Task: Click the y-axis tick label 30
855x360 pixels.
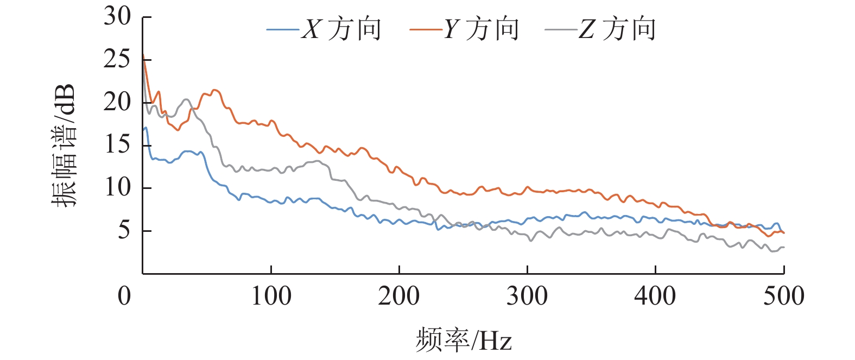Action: (117, 17)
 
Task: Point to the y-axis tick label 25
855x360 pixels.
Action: (117, 59)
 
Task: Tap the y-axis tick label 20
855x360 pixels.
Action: (117, 102)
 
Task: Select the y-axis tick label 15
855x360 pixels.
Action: (117, 145)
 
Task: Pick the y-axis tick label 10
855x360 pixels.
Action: (117, 188)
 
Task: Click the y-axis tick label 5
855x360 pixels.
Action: (124, 231)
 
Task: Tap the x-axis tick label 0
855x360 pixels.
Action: (124, 296)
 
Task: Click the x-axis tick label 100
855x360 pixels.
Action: (271, 296)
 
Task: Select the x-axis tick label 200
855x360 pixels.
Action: (399, 296)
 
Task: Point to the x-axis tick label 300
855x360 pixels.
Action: (527, 296)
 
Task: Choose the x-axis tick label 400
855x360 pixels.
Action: (655, 296)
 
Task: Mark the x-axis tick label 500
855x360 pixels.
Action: (783, 296)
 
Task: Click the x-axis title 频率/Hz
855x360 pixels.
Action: (464, 340)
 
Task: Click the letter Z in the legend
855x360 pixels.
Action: (586, 29)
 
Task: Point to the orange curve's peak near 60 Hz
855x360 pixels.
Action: (214, 90)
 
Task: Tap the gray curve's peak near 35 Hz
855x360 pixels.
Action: (186, 99)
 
